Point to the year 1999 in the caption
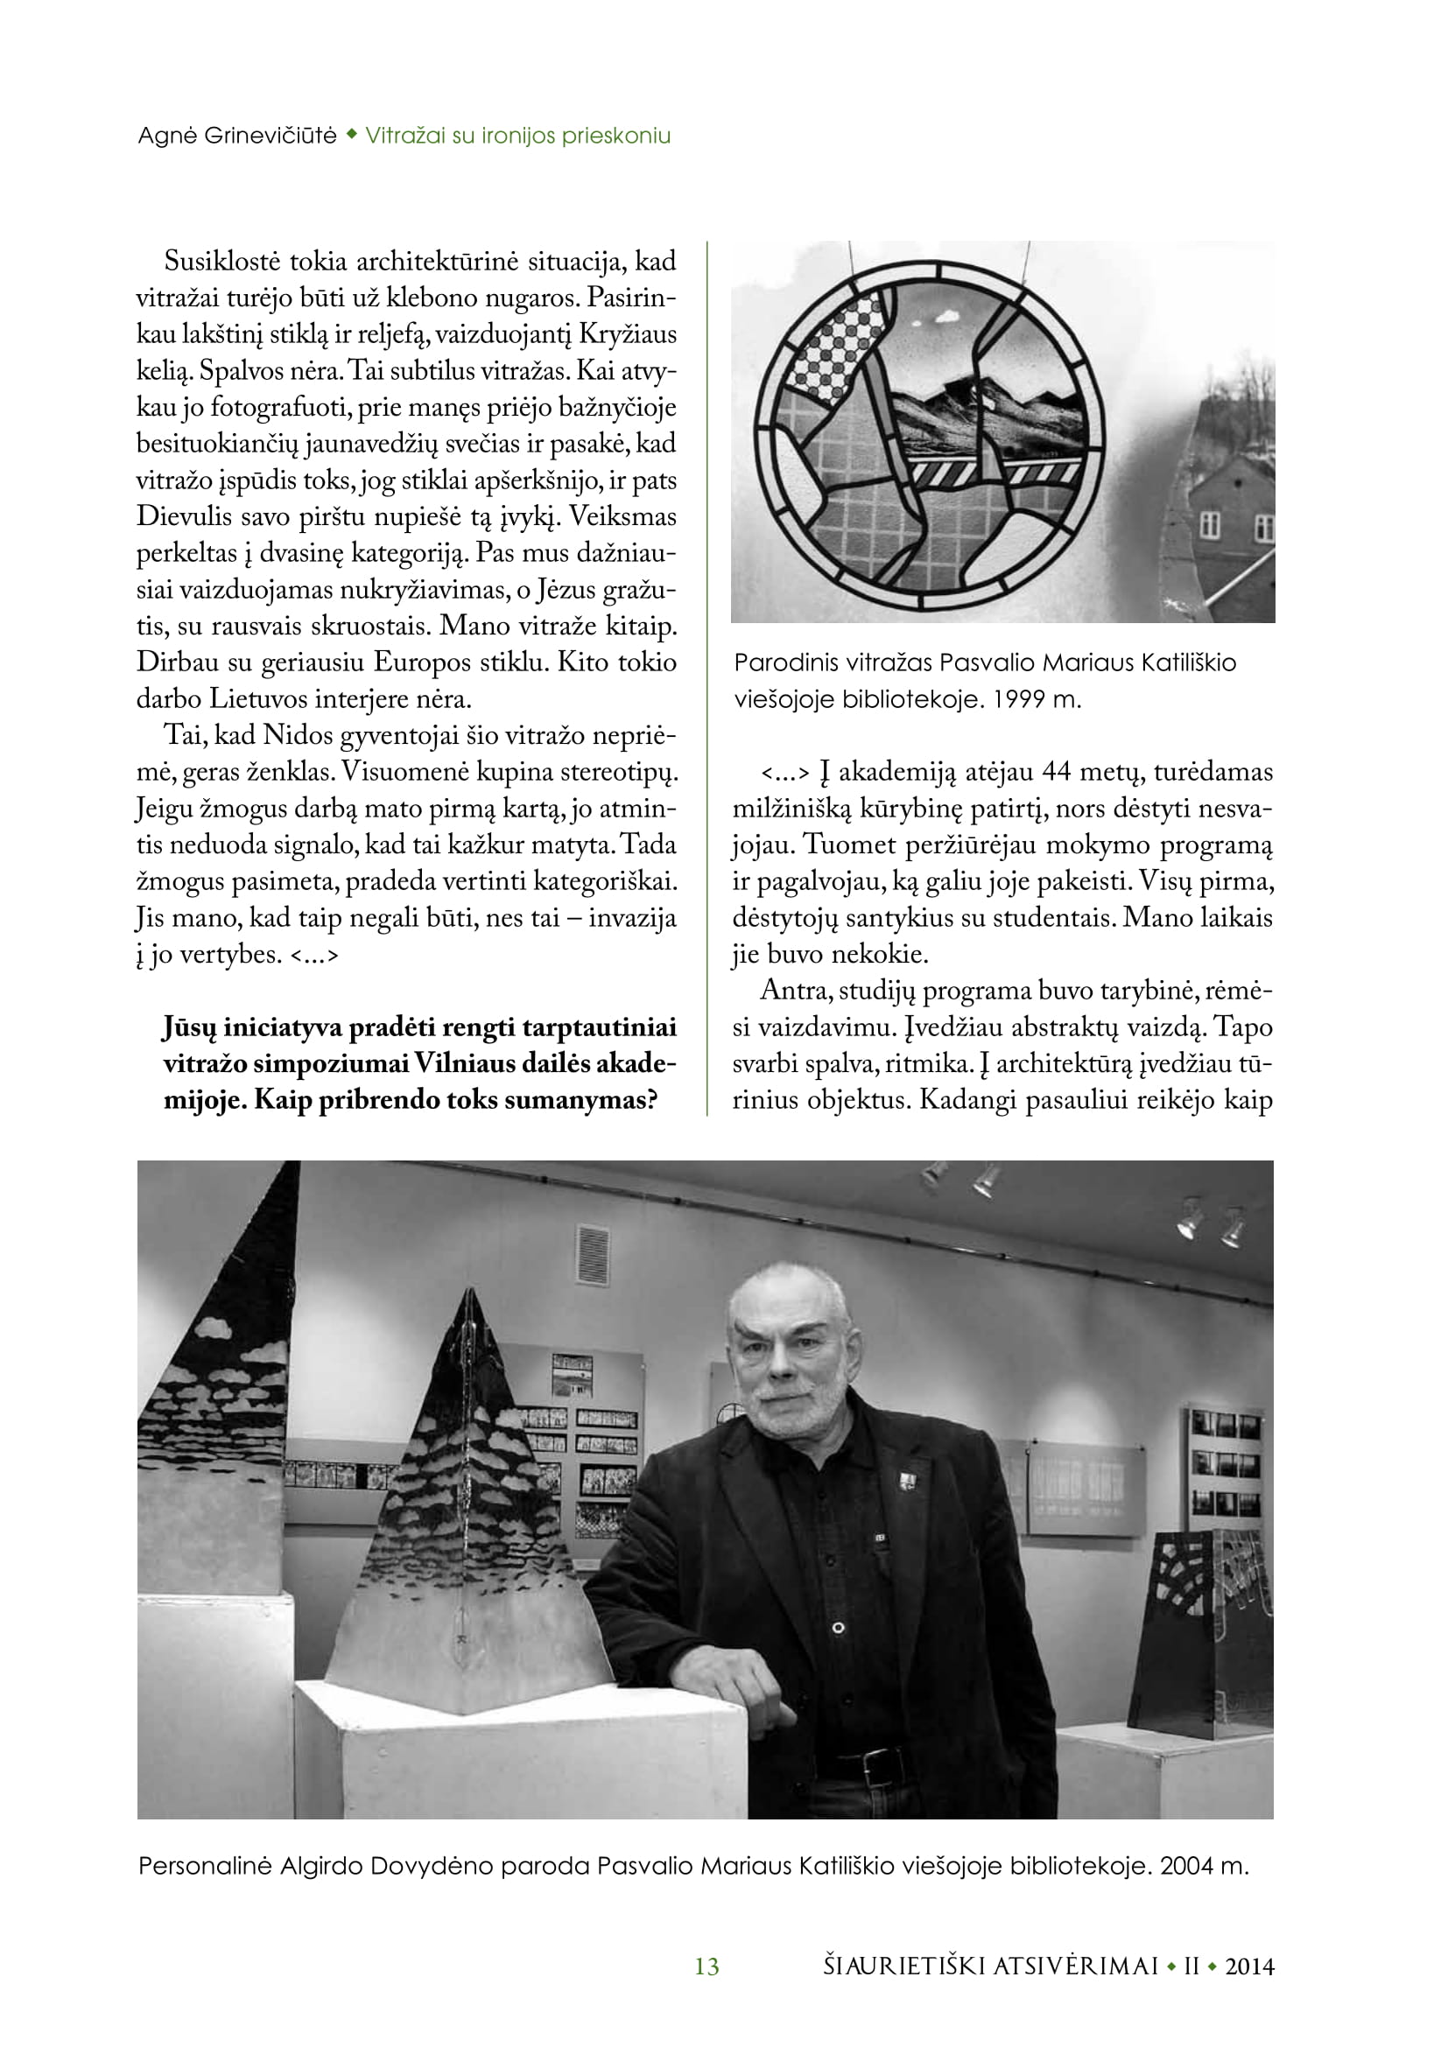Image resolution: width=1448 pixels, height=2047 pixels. click(x=1018, y=700)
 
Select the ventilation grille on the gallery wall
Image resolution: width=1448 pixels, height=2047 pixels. click(x=593, y=1255)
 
